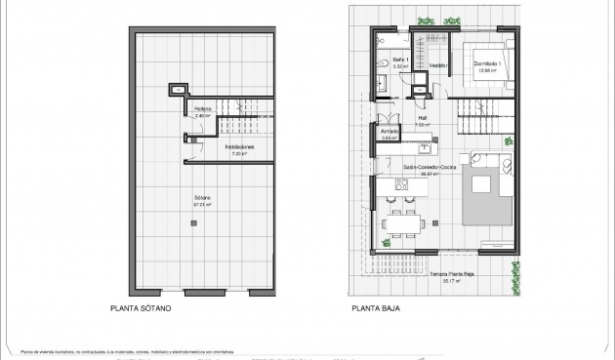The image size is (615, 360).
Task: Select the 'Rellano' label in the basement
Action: coord(202,110)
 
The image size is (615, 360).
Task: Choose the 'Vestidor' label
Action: coord(438,66)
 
